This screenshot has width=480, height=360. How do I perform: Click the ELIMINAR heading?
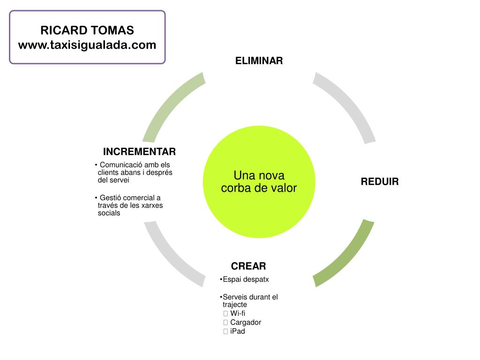(259, 61)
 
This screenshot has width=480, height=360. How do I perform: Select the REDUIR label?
(379, 182)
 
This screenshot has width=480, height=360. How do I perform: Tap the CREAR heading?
(248, 266)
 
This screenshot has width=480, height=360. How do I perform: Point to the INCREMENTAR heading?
(139, 151)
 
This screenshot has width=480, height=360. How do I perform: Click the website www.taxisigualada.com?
(87, 45)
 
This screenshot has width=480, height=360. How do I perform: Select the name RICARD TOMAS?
(87, 30)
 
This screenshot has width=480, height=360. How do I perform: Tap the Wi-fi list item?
(238, 313)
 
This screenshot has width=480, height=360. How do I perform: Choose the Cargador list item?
(246, 322)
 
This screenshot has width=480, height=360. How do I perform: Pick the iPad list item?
(238, 331)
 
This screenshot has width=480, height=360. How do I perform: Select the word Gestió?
(111, 198)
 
